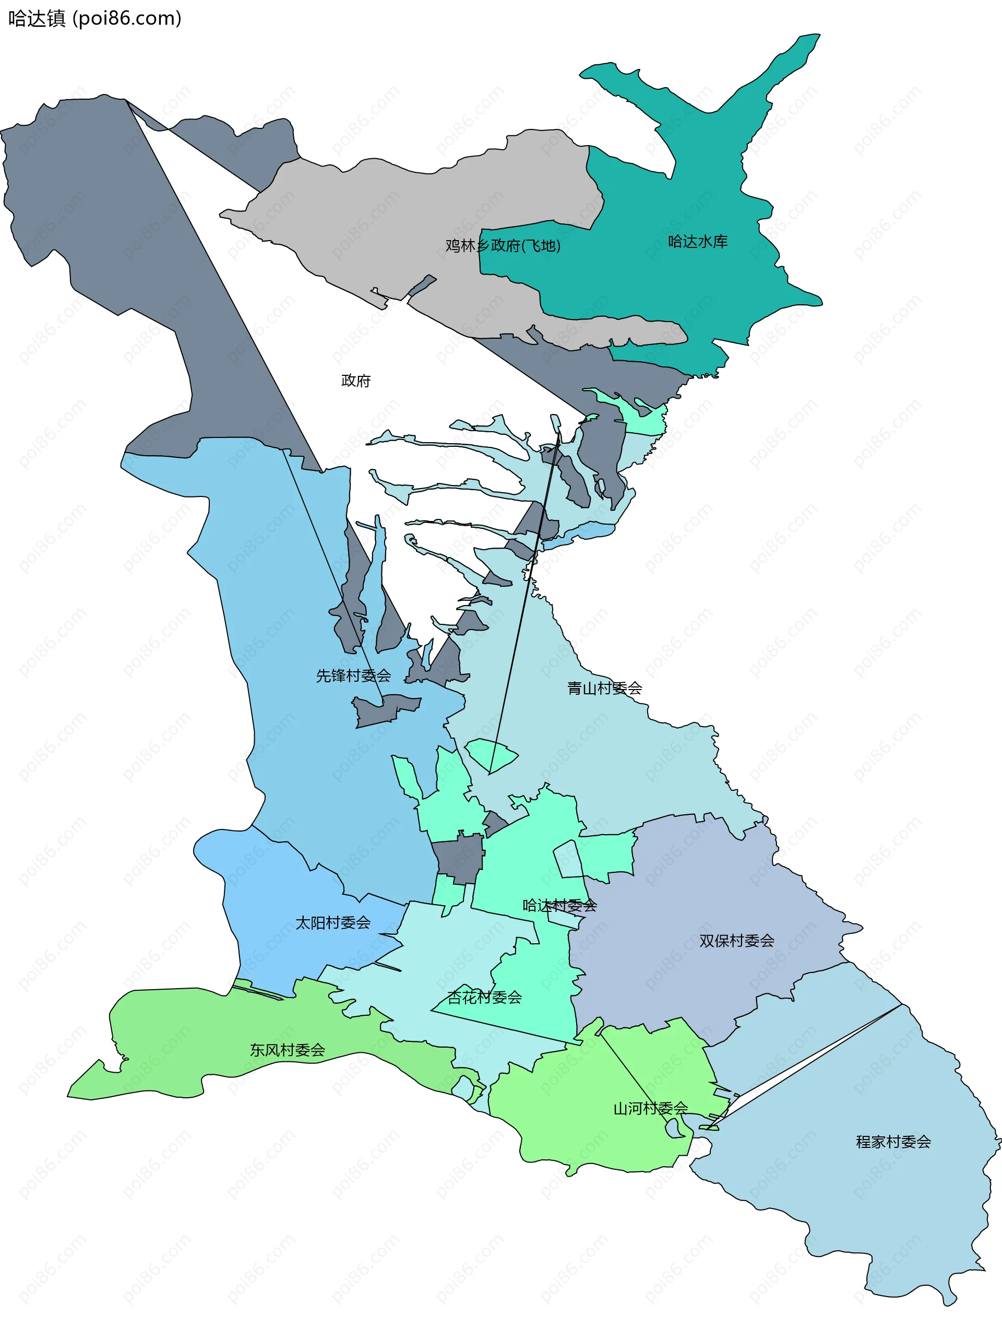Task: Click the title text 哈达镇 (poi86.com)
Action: [94, 19]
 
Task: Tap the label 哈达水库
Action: [697, 242]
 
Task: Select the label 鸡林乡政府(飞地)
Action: [503, 245]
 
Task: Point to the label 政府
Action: [355, 381]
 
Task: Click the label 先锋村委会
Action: [353, 675]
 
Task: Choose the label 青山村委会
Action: [604, 688]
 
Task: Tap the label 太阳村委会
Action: [332, 922]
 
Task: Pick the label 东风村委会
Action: [287, 1050]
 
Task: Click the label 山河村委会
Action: [650, 1109]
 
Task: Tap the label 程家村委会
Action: [893, 1142]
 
